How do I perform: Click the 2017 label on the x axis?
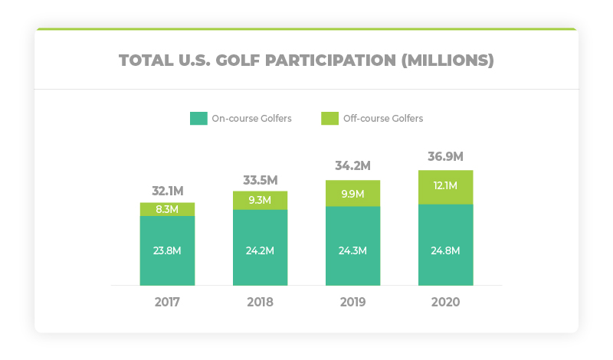(x=167, y=302)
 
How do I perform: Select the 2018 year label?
(x=261, y=302)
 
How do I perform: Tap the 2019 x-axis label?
(x=353, y=302)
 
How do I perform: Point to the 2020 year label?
(x=446, y=302)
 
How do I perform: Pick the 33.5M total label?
(x=261, y=179)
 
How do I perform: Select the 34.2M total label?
(x=353, y=165)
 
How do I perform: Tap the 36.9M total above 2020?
(x=446, y=156)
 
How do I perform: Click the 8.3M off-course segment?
(x=167, y=209)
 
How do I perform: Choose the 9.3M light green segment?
(x=261, y=201)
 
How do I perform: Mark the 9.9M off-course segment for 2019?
(x=353, y=194)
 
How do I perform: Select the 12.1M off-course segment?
(x=446, y=187)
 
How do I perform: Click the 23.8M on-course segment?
(x=167, y=250)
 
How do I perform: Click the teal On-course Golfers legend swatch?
(x=198, y=119)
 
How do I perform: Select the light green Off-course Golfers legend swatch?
(x=330, y=119)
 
